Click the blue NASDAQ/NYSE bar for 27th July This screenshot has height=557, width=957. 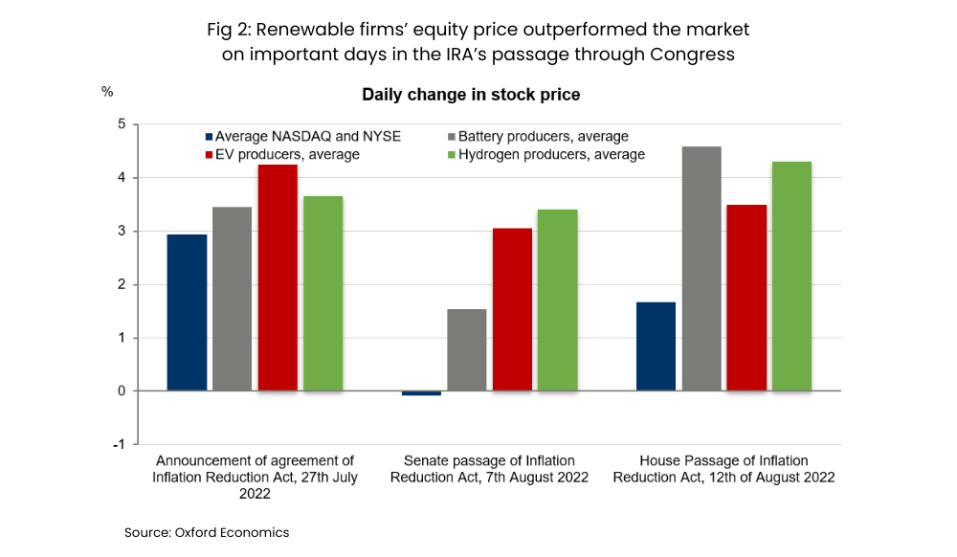click(187, 312)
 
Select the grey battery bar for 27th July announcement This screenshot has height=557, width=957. click(232, 299)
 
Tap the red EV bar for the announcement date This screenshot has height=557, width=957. click(278, 278)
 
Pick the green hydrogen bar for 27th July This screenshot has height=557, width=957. click(323, 293)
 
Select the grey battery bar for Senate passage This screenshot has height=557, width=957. click(467, 349)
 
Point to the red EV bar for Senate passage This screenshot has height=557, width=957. click(512, 309)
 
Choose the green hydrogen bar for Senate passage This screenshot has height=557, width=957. click(557, 300)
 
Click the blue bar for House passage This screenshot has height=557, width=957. click(656, 346)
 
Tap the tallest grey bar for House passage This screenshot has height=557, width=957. click(701, 269)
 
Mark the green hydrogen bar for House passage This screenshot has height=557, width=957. click(791, 276)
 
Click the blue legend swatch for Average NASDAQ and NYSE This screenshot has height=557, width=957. click(208, 137)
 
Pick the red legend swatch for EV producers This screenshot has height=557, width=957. click(208, 154)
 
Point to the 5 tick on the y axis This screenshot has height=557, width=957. click(122, 124)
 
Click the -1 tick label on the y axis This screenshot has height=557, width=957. click(119, 444)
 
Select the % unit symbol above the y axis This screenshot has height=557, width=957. click(107, 92)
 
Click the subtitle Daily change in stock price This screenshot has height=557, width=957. click(471, 95)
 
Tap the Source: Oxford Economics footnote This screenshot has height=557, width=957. click(207, 532)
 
